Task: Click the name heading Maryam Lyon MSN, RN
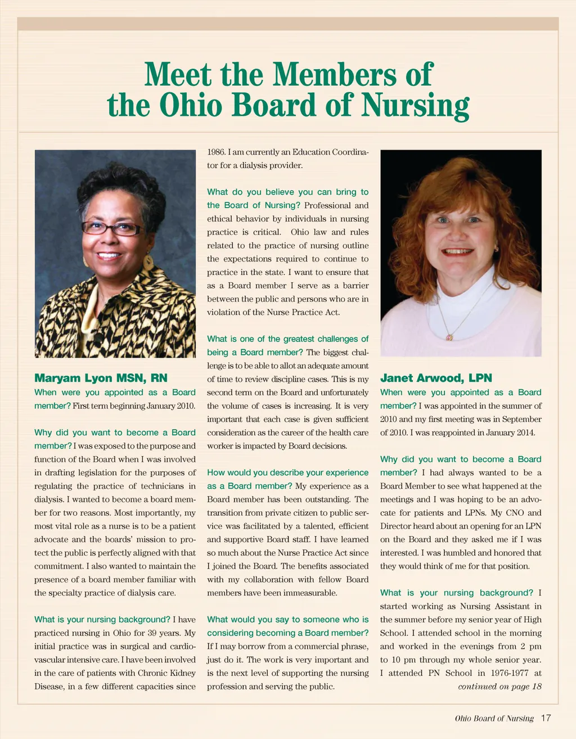coord(101,378)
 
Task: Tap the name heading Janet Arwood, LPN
coord(436,378)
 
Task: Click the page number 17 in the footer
coord(546,718)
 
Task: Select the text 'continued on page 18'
coord(499,686)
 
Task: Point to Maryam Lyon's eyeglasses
coord(111,229)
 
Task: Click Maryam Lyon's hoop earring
coord(148,262)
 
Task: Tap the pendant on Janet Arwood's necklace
coord(449,337)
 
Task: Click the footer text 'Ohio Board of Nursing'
coord(494,719)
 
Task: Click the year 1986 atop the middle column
coord(216,152)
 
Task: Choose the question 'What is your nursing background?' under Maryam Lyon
coord(102,619)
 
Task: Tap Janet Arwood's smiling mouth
coord(458,253)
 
